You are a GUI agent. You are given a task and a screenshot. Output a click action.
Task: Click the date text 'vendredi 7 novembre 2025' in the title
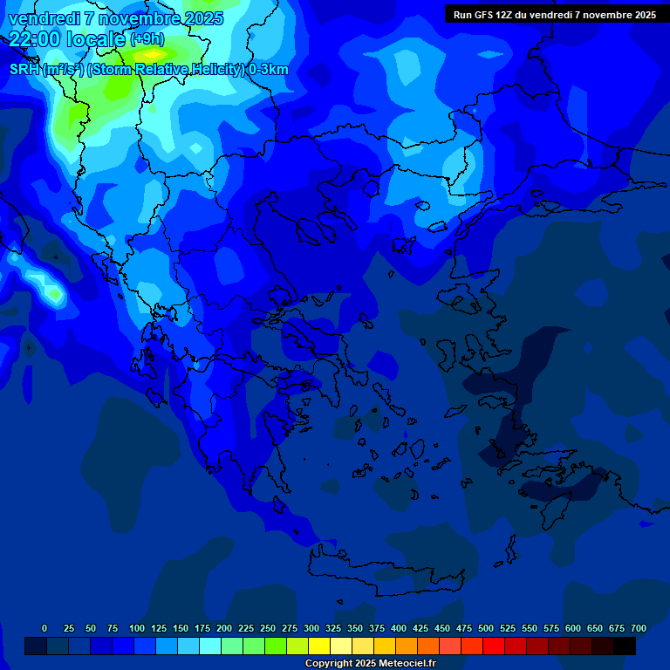point(115,18)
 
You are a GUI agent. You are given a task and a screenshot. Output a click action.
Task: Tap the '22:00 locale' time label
point(68,39)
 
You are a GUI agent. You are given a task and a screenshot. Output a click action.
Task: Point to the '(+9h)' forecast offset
point(147,39)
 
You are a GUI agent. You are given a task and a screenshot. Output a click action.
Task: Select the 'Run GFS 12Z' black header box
point(554,15)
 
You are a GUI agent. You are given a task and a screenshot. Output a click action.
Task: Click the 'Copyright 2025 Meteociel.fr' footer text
point(370,663)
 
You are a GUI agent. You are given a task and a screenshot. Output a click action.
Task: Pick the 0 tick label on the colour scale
point(44,628)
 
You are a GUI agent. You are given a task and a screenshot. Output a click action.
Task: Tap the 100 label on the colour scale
point(136,628)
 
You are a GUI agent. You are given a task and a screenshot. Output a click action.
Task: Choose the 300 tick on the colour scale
point(311,628)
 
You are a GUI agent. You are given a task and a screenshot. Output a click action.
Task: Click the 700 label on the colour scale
point(638,628)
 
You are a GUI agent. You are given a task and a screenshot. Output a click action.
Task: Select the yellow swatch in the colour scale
point(319,646)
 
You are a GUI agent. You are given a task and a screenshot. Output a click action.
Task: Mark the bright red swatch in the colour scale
point(494,646)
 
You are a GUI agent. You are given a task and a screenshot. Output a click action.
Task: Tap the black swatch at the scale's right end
point(625,646)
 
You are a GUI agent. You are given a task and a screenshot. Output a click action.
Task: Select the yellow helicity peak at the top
point(154,54)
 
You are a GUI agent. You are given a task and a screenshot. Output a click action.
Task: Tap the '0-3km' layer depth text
point(268,70)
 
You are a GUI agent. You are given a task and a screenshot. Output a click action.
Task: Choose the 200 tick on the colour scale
point(224,628)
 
